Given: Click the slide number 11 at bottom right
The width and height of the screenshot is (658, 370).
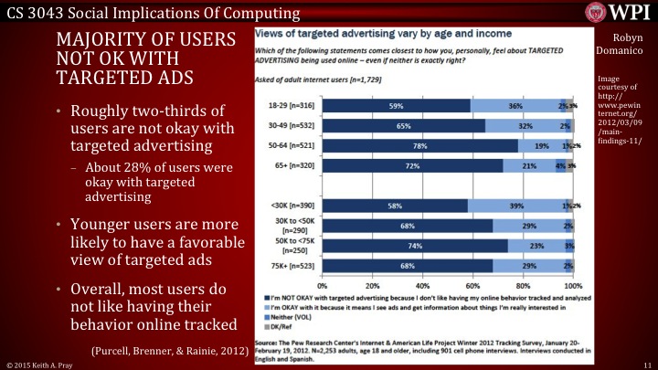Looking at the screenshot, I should tap(645, 364).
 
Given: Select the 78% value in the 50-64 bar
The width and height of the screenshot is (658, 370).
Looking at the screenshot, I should tap(421, 145).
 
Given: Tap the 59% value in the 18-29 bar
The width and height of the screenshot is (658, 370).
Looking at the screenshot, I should tap(397, 106).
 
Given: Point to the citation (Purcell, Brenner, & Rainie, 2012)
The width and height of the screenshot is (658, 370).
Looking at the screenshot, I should tap(170, 350).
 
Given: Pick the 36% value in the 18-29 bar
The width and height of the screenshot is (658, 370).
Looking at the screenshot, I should tap(515, 106).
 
